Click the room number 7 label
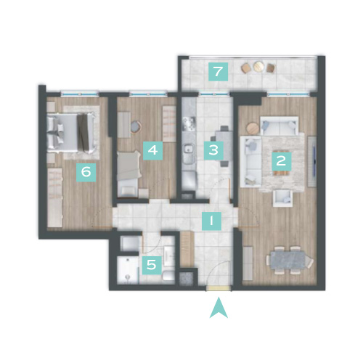[x=218, y=72]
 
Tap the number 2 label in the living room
[x=281, y=160]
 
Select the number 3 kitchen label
[x=213, y=150]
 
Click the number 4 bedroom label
[x=152, y=150]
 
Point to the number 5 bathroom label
[x=152, y=265]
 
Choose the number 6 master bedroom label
[x=86, y=172]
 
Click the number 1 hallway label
[x=212, y=221]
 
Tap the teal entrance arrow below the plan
[x=219, y=307]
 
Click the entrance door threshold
[x=219, y=288]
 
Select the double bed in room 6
[x=70, y=133]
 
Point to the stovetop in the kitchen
[x=189, y=123]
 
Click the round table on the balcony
[x=258, y=66]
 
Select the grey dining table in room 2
[x=288, y=260]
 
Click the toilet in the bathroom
[x=168, y=275]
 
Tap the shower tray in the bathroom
[x=128, y=270]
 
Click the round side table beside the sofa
[x=253, y=128]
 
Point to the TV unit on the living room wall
[x=311, y=161]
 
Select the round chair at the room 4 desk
[x=136, y=126]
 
